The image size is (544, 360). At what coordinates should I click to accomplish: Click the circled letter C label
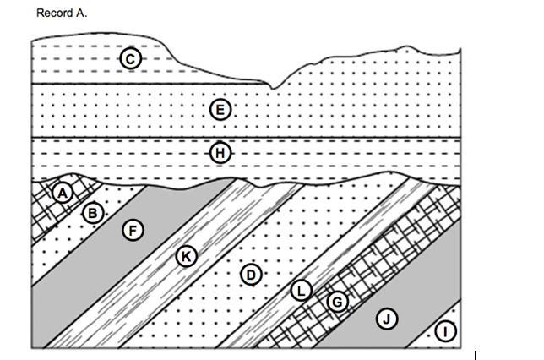click(130, 58)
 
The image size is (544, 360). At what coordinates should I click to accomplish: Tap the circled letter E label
click(220, 110)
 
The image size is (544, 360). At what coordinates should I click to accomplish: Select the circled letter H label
click(220, 153)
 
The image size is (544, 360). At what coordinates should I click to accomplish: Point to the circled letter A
click(63, 193)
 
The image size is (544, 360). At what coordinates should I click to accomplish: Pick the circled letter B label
click(93, 213)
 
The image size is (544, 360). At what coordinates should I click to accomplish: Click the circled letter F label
click(133, 231)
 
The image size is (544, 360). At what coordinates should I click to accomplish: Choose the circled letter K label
click(187, 257)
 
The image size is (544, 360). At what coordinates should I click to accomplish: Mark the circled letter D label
click(251, 275)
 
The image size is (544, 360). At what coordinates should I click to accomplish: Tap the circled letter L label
click(301, 290)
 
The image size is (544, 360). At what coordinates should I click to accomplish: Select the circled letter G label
click(337, 302)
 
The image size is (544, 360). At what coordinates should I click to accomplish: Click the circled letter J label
click(387, 319)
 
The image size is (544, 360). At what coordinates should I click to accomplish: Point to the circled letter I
click(445, 331)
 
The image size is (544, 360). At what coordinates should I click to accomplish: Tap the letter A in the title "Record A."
click(79, 14)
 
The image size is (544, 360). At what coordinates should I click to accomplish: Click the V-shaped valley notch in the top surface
click(273, 88)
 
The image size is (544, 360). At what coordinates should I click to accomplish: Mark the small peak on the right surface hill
click(406, 46)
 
